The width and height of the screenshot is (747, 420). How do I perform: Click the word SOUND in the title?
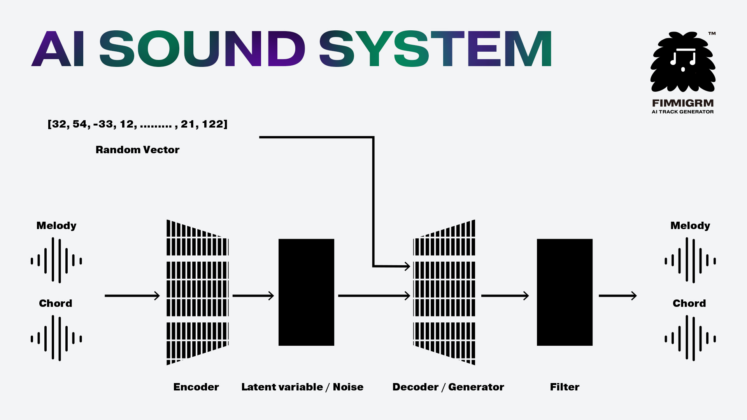pos(202,49)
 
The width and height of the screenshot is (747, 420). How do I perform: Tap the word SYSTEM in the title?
pos(435,49)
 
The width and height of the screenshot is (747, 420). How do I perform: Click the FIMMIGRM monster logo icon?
pos(683,62)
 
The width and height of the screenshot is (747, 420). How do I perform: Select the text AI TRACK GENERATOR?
pos(683,112)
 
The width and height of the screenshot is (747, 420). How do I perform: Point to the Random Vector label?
pos(137,150)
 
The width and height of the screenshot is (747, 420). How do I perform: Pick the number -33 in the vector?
pos(103,124)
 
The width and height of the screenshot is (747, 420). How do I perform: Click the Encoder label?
pos(196,387)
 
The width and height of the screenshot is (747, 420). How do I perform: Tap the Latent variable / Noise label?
pos(302,387)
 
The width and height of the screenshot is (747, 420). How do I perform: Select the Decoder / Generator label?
pos(448,387)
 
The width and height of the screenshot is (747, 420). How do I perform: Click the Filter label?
pos(565,387)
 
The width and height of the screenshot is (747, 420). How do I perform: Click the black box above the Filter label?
pos(565,292)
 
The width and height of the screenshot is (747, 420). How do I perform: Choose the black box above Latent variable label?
pos(306,292)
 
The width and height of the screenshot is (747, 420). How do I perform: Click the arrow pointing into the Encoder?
pos(132,296)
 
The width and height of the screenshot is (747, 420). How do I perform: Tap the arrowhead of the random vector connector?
pos(407,266)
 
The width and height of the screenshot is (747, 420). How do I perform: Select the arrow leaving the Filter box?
pos(617,296)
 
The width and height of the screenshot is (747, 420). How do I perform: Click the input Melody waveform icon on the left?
pos(56,261)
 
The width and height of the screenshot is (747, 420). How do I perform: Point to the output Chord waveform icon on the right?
pos(690,338)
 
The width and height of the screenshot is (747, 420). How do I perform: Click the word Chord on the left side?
pos(56,303)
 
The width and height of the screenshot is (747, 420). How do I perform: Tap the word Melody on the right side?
pos(690,226)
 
